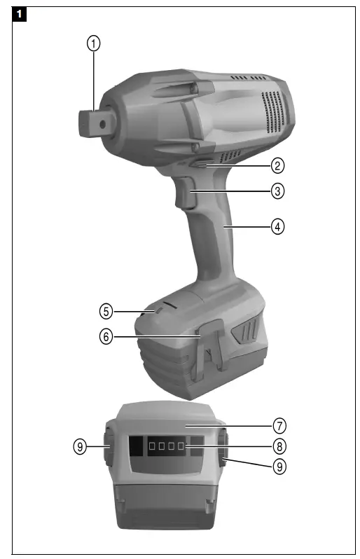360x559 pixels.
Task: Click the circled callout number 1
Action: pyautogui.click(x=93, y=43)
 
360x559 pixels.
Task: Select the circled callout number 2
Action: pyautogui.click(x=278, y=166)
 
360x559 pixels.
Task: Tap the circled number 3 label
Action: pyautogui.click(x=278, y=191)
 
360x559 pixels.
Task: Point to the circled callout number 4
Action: pyautogui.click(x=278, y=227)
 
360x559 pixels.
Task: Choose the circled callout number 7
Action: pyautogui.click(x=279, y=425)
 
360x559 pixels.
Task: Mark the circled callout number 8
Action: pyautogui.click(x=279, y=445)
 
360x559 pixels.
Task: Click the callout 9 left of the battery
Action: pyautogui.click(x=81, y=445)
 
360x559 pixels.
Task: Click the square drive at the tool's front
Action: pyautogui.click(x=92, y=123)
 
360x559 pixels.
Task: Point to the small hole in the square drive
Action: pyautogui.click(x=104, y=123)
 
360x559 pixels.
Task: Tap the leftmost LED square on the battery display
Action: pyautogui.click(x=150, y=446)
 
